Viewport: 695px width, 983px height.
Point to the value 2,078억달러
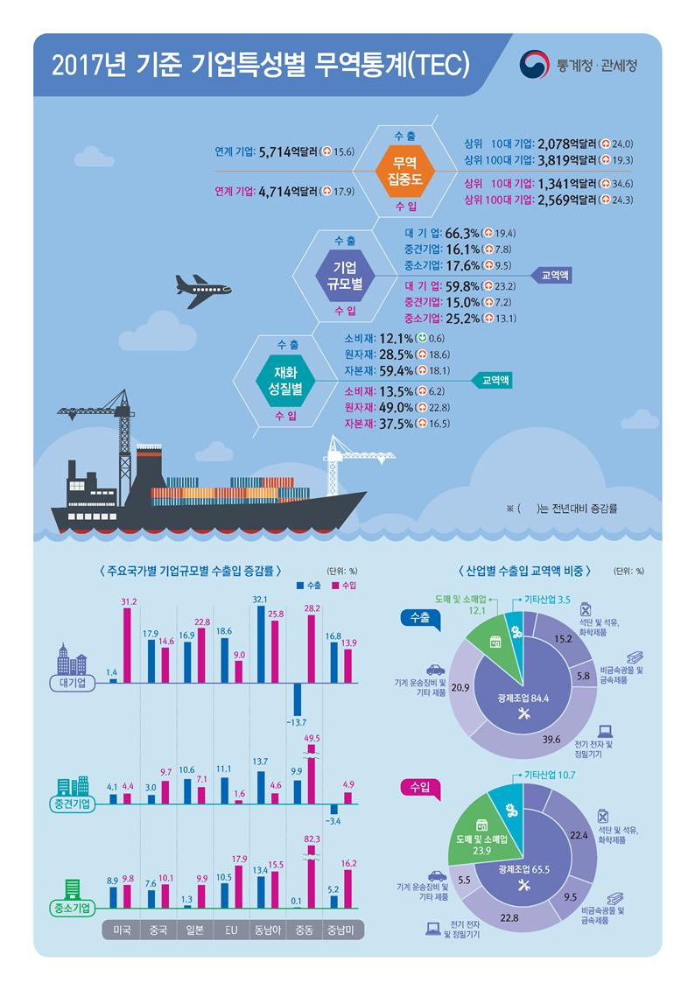567,144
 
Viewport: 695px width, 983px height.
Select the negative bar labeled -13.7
298,720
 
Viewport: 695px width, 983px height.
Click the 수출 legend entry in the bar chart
309,585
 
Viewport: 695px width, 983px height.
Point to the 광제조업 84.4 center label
523,698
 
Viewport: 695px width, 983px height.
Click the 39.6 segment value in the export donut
551,739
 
